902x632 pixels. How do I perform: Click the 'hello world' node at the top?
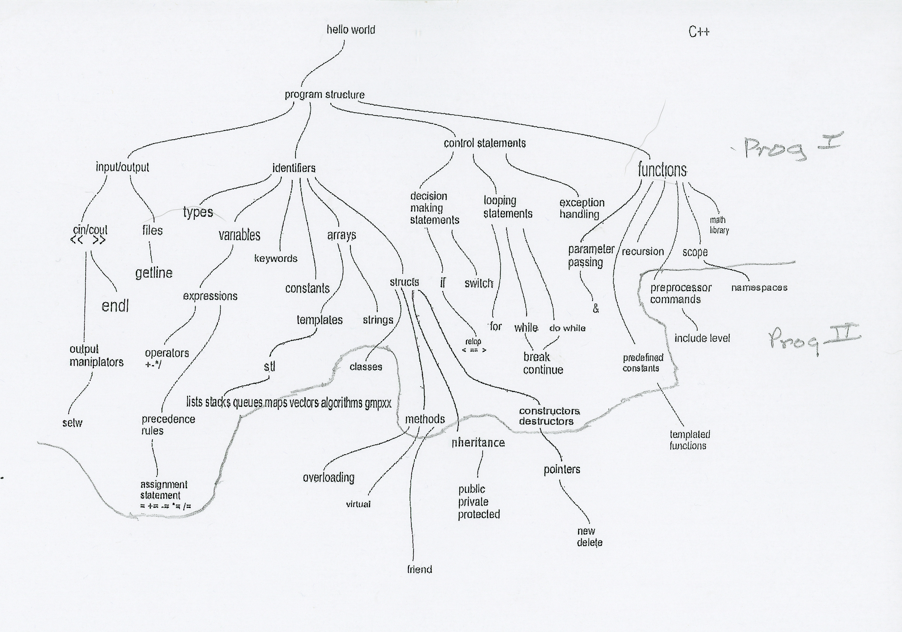tap(351, 30)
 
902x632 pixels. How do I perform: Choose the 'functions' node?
tap(662, 170)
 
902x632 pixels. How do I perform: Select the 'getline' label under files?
tap(154, 273)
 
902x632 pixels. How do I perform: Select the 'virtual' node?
tap(358, 504)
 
